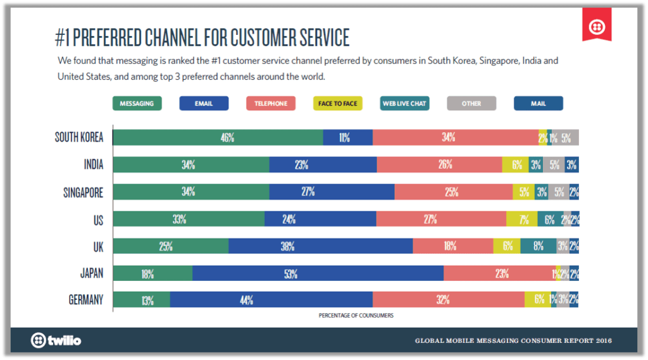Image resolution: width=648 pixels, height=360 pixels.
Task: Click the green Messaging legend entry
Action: [137, 103]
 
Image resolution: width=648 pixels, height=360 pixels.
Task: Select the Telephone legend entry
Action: [271, 103]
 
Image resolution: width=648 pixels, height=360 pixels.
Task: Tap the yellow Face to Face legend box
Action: [338, 103]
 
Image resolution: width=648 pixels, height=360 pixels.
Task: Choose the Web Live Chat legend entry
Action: [404, 103]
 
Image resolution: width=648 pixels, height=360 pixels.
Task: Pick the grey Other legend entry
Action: [471, 103]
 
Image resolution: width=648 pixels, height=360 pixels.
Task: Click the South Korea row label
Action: [79, 137]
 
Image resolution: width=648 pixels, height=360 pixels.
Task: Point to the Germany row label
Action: [85, 300]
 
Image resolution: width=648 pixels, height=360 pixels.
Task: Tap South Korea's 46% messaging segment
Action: [218, 137]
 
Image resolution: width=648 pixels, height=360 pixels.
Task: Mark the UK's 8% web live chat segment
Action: [538, 246]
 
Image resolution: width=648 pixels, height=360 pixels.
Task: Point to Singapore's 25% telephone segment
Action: [453, 192]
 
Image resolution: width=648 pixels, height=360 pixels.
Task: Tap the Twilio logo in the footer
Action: [56, 340]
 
